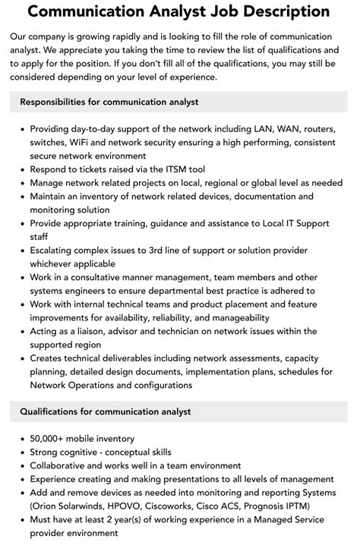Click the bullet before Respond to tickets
point(21,169)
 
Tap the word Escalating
point(56,250)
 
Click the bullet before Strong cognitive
point(21,452)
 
